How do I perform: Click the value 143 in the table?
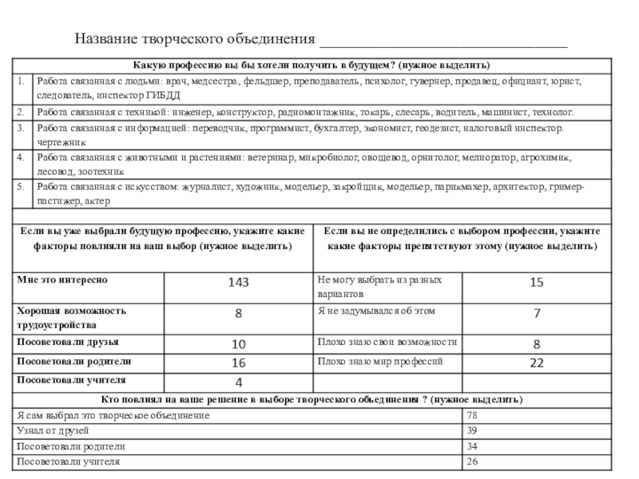coord(238,283)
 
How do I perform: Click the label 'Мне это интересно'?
coord(62,280)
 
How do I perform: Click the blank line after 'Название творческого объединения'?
coord(443,40)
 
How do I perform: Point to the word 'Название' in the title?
coord(105,39)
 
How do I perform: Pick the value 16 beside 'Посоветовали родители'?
coord(238,363)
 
